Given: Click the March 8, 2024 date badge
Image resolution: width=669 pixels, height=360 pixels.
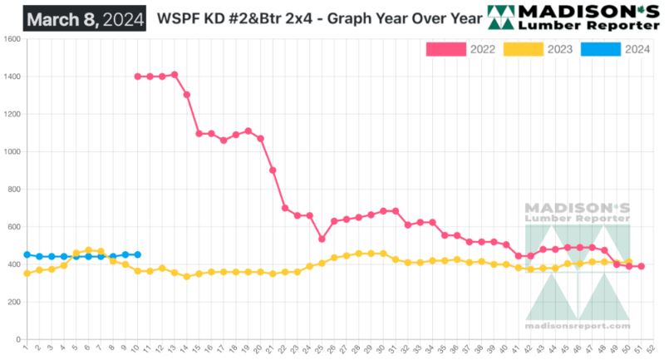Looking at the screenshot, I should [84, 17].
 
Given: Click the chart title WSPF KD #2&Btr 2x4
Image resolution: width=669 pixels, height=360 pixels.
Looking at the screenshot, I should [316, 17].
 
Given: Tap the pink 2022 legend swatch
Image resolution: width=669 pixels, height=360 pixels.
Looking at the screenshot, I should [446, 49].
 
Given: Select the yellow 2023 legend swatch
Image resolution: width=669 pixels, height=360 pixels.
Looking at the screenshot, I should [524, 49].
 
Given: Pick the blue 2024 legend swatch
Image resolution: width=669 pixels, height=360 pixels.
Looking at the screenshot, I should [600, 49].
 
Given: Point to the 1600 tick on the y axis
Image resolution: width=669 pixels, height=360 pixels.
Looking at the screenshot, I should [12, 39].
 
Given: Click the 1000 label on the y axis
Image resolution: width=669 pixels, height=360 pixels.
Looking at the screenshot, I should [12, 152].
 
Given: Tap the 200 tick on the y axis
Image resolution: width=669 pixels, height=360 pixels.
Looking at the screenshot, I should [14, 302].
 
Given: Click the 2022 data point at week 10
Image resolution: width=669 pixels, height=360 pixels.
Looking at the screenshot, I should [137, 76].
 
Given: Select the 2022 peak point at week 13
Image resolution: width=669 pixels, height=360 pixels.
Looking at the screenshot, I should [175, 75].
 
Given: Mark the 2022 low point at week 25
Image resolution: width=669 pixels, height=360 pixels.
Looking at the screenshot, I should [322, 239].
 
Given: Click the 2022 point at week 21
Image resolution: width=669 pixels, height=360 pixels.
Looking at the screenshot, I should [273, 170].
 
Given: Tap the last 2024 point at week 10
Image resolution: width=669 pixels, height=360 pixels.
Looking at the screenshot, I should [137, 254].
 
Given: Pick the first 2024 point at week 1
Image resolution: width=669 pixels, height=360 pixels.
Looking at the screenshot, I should [27, 254].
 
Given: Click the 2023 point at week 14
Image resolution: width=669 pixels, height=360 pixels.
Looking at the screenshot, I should [186, 276].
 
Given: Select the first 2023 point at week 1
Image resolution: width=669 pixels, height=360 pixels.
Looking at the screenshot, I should [27, 273].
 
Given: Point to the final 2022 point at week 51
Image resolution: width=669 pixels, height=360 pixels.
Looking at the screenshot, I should [641, 266].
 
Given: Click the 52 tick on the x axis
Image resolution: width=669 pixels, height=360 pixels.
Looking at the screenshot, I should [653, 348].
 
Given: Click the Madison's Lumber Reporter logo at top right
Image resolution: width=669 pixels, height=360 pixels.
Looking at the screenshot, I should [574, 17].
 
